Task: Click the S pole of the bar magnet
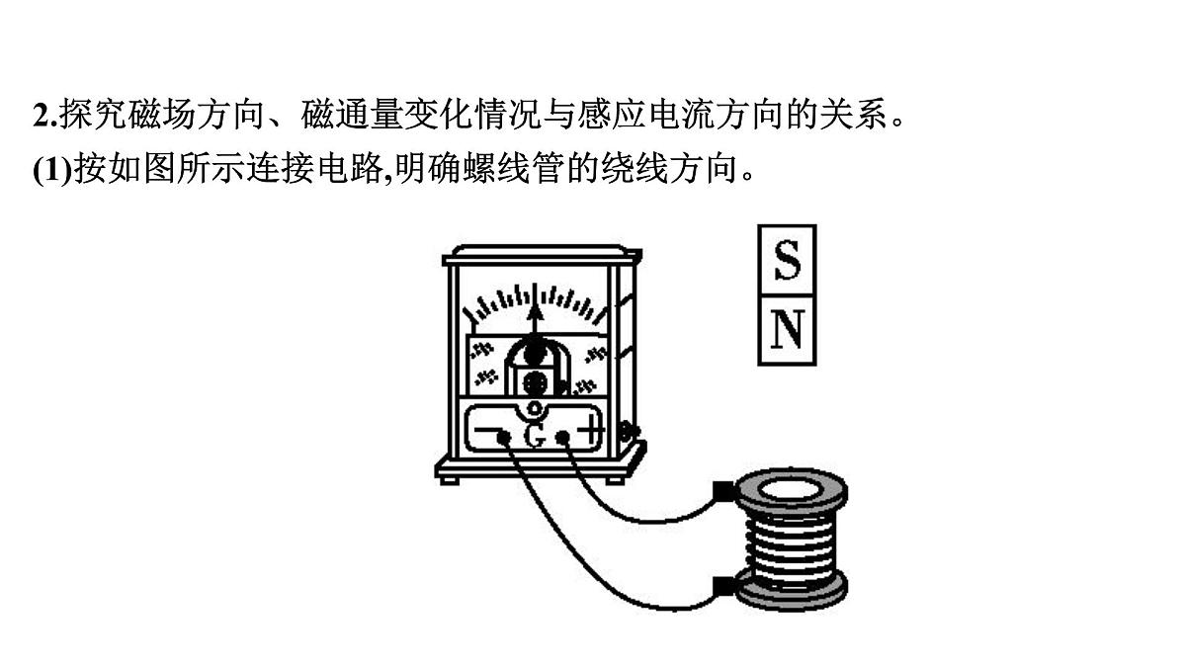(x=787, y=259)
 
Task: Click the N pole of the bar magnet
(x=787, y=330)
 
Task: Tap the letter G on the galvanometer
(x=534, y=436)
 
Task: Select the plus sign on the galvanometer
(x=590, y=430)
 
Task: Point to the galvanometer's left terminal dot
(x=503, y=437)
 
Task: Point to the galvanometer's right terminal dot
(x=562, y=437)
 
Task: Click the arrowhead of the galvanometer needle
(x=536, y=310)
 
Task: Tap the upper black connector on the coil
(x=723, y=491)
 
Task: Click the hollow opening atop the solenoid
(x=790, y=492)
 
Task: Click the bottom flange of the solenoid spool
(x=792, y=592)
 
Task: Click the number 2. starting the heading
(x=45, y=115)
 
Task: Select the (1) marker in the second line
(x=51, y=170)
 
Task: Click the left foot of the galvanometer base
(x=449, y=480)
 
